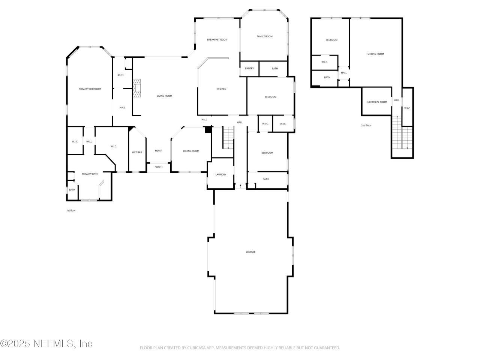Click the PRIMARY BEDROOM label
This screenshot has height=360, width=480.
[90, 89]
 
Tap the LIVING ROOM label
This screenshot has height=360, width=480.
[164, 96]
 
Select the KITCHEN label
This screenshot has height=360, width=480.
[221, 89]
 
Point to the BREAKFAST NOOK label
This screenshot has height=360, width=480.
[217, 40]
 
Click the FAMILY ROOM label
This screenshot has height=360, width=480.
[264, 36]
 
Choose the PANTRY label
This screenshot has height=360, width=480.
[249, 69]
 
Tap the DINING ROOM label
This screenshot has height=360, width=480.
[191, 151]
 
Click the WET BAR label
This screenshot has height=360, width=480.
[137, 152]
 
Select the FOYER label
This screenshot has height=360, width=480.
[159, 151]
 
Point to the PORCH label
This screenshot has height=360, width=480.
[159, 167]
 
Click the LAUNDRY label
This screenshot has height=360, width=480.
[220, 174]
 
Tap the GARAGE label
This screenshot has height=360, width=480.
[250, 252]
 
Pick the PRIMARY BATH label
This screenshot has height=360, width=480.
[90, 174]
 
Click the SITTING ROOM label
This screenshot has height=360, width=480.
[375, 54]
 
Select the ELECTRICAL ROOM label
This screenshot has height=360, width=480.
[376, 102]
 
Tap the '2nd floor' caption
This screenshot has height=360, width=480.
[366, 126]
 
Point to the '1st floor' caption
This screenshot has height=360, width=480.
[71, 211]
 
